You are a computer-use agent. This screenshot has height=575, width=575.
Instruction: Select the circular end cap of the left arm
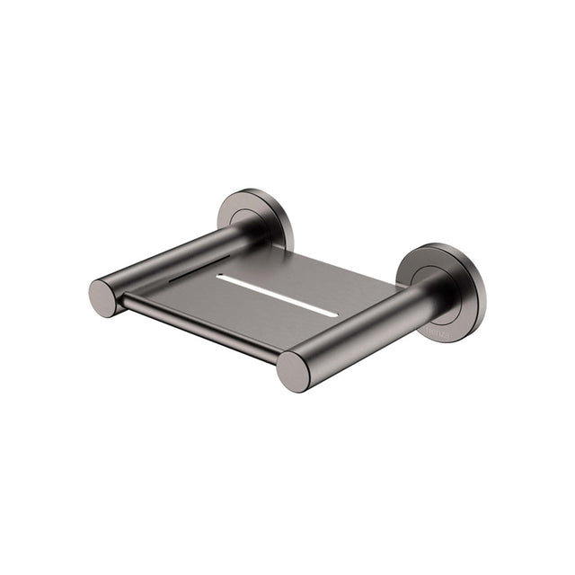(103, 298)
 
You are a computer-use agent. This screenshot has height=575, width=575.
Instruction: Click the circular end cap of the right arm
(293, 370)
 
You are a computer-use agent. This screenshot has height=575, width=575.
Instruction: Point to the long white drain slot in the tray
(277, 295)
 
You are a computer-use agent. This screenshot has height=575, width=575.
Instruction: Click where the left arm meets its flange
(241, 232)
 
